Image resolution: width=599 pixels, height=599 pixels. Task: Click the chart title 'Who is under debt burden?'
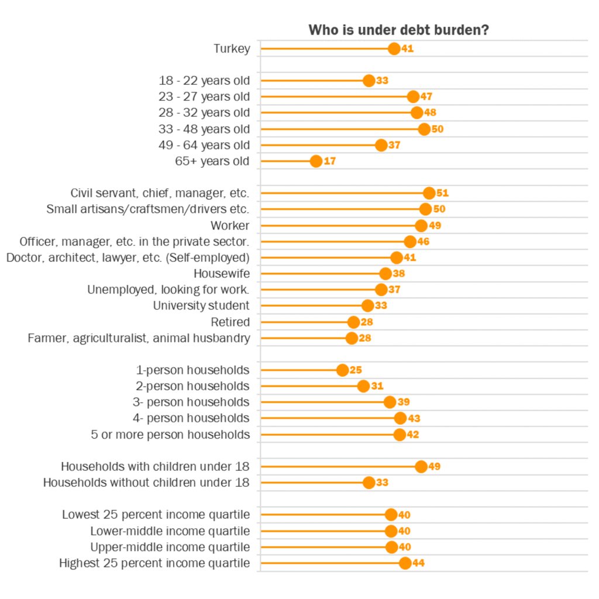coord(399,30)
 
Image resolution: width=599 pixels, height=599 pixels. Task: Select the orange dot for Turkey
coord(394,49)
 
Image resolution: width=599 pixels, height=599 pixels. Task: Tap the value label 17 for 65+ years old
coord(329,161)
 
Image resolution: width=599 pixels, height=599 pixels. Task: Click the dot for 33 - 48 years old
coord(424,129)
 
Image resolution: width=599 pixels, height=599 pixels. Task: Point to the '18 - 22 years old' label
coord(204,81)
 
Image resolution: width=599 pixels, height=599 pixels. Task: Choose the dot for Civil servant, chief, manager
coord(429,193)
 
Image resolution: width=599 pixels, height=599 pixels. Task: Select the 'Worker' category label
coord(230,225)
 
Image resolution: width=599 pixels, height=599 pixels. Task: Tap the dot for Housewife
coord(385,273)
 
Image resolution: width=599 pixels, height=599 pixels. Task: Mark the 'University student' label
coord(201,305)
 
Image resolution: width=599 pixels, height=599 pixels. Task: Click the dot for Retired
coord(353,322)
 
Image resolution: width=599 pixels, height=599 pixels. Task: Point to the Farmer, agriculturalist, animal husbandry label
coord(139,338)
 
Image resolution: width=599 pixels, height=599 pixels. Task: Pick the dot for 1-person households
coord(343,370)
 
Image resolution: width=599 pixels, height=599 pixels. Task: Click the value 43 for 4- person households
coord(414,418)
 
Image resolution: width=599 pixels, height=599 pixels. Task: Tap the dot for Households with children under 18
coord(421,466)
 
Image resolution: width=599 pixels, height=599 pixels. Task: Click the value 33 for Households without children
coord(382,483)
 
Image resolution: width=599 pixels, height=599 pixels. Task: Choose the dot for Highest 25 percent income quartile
coord(405,563)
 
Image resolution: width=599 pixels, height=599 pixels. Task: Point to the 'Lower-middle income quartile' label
coord(170,531)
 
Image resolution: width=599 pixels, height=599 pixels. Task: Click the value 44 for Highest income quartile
coord(418,563)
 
